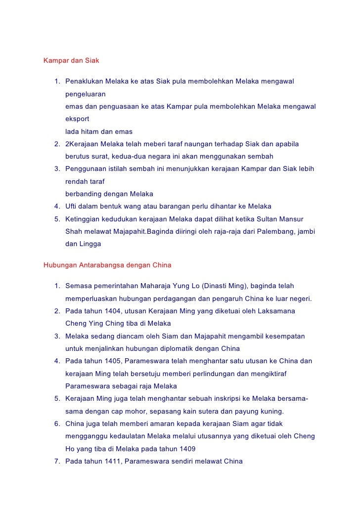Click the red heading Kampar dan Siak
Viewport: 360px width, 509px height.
tap(72, 61)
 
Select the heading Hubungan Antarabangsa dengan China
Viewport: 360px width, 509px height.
tap(107, 265)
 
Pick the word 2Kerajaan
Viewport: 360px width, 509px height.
tap(82, 144)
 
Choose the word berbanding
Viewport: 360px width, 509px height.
tap(84, 194)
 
